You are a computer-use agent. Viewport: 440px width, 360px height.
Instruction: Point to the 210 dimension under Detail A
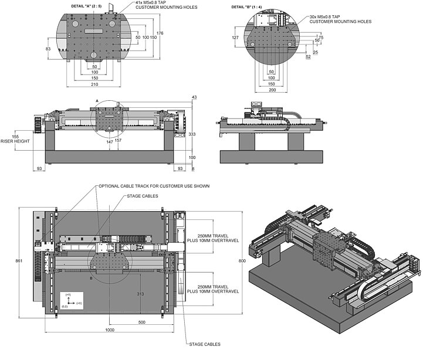[x=94, y=84]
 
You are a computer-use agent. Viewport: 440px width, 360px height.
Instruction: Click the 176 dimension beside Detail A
[x=160, y=32]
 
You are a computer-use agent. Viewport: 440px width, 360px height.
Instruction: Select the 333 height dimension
[x=192, y=134]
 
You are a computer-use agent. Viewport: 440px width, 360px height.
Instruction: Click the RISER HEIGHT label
[x=13, y=141]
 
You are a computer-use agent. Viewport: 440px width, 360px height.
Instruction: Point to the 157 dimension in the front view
[x=119, y=141]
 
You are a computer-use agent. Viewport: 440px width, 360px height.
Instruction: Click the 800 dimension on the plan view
[x=242, y=260]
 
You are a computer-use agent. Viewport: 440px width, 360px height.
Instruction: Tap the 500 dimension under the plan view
[x=141, y=322]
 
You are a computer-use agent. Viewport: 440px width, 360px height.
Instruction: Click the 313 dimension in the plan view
[x=140, y=294]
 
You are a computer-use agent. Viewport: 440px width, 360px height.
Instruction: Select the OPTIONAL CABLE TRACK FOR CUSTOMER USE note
[x=154, y=186]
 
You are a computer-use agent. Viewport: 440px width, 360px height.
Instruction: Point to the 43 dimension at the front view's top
[x=194, y=97]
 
